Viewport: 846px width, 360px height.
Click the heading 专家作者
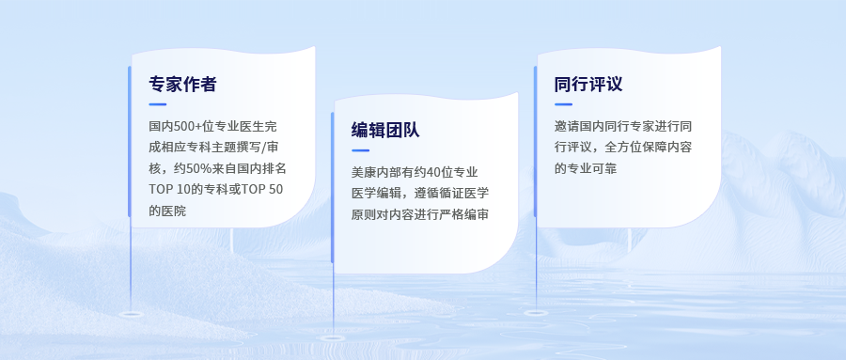[182, 85]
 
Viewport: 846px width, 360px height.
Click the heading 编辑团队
[385, 130]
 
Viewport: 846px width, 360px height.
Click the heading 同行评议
[588, 85]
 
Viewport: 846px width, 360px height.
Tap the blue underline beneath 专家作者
[158, 104]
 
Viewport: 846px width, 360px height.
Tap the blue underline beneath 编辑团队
[360, 150]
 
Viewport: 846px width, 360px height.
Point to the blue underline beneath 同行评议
[563, 104]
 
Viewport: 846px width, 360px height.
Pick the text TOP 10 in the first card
[168, 190]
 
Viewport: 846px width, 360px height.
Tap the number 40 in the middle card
[432, 173]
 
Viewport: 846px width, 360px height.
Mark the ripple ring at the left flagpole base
[131, 314]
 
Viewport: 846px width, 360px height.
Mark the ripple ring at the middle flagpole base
[333, 338]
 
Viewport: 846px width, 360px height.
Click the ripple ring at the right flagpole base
[536, 312]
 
